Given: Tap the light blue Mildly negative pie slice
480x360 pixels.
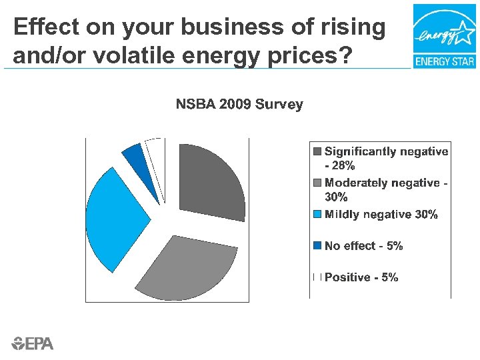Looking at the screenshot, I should tap(117, 217).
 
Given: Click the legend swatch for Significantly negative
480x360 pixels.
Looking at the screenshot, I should tap(318, 152).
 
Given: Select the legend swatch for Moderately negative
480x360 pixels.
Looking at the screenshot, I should tap(318, 183).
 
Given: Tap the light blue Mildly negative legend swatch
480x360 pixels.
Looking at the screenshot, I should tap(318, 215).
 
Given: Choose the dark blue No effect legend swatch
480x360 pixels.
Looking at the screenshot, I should tap(318, 246).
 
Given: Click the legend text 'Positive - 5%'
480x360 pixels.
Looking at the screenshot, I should tap(361, 277).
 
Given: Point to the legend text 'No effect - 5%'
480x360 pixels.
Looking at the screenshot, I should tap(363, 246).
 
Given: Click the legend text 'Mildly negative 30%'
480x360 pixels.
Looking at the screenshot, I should tap(381, 215).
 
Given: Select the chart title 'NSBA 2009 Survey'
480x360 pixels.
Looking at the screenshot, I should tap(239, 105).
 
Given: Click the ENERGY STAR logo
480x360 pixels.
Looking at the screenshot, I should tap(443, 36).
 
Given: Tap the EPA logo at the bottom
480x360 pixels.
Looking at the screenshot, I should tap(33, 343).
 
